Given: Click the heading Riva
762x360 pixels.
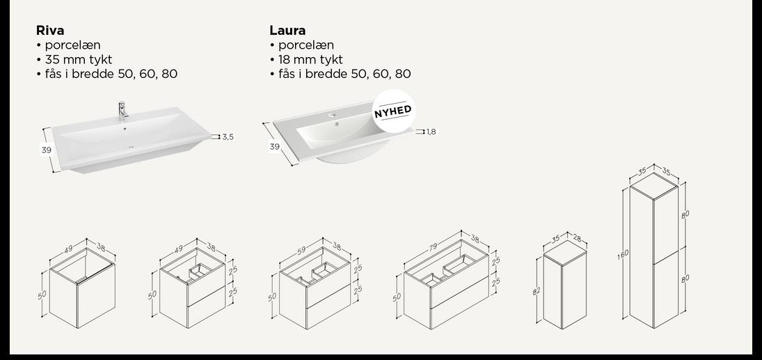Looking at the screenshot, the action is tap(50, 31).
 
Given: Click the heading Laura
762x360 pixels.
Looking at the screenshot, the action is tap(287, 31).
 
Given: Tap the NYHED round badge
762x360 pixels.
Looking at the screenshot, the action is tap(392, 111).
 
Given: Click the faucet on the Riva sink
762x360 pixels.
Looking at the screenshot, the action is tap(122, 109).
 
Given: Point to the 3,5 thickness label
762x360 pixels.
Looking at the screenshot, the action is tap(228, 137).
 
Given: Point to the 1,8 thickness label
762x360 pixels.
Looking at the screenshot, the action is tap(431, 132).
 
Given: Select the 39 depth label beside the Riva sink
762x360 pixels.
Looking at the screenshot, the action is tap(47, 150).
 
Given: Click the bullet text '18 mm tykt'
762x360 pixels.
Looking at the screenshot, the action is tap(310, 60).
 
